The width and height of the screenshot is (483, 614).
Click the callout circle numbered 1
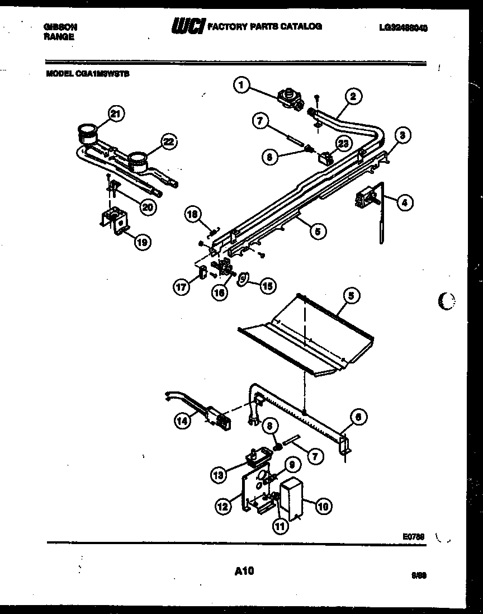241,85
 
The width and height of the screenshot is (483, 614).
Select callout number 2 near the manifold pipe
353,96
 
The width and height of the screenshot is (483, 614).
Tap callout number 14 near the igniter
182,423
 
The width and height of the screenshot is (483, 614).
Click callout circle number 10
323,507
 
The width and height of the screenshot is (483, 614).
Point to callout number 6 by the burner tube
361,416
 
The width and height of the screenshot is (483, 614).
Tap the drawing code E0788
413,536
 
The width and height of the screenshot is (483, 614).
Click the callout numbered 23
343,143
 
